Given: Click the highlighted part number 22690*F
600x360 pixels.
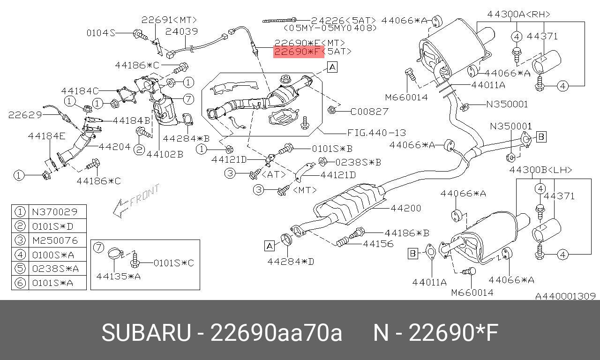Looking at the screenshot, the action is (x=298, y=52).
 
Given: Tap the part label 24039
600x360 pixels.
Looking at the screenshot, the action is (x=181, y=31).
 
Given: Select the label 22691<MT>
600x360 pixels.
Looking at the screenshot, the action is (x=169, y=20).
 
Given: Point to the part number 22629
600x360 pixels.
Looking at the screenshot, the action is (x=25, y=115).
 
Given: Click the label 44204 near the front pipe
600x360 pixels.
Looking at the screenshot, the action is (x=115, y=147).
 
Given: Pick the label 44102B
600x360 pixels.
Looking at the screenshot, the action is (x=165, y=154).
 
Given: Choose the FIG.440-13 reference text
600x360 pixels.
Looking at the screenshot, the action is (x=376, y=133).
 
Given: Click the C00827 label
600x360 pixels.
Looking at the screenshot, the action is (x=369, y=112).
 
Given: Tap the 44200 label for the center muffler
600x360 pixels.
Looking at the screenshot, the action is (x=406, y=208).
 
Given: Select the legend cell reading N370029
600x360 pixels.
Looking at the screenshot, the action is (x=55, y=212).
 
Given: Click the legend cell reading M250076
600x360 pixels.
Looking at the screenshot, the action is (x=55, y=240).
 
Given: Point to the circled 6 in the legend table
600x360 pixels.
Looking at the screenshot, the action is (x=20, y=283).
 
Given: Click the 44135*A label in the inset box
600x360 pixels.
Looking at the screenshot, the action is (x=119, y=276).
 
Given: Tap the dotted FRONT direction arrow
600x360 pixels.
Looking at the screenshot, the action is (x=136, y=200).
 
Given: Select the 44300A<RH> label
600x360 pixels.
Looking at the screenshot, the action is (x=519, y=14).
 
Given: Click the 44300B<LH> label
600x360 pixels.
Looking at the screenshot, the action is (x=540, y=170).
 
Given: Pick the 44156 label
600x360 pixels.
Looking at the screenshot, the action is (x=378, y=244).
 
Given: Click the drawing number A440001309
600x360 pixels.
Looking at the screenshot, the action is (x=565, y=296).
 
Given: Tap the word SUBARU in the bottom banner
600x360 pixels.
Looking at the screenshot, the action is (x=146, y=333).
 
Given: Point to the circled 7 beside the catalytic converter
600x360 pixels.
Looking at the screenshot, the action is (x=188, y=99).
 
